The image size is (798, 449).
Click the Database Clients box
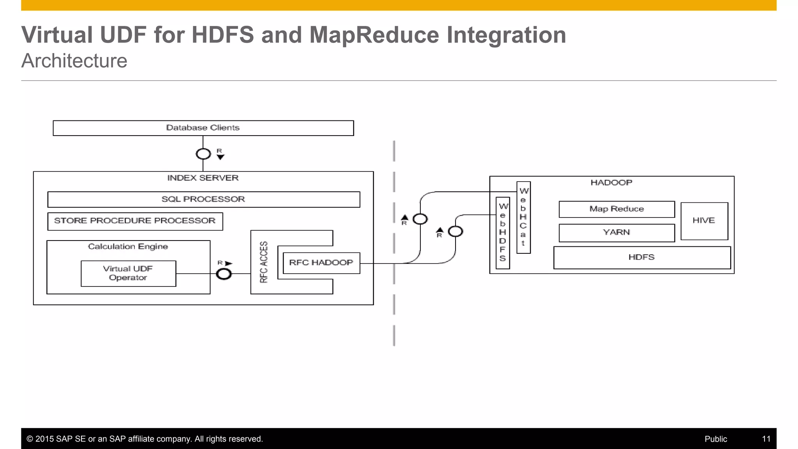(203, 128)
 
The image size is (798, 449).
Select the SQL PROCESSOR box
(203, 199)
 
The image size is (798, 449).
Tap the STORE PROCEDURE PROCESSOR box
(135, 221)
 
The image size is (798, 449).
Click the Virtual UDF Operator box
(128, 273)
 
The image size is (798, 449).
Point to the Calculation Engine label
(128, 246)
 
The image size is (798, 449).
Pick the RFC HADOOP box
(321, 263)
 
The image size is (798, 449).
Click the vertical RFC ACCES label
(264, 262)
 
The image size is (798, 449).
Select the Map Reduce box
(616, 209)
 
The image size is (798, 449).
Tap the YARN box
(616, 233)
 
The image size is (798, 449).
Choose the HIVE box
(704, 221)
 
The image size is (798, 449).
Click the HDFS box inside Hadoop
(641, 257)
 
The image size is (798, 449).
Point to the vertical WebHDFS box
(503, 233)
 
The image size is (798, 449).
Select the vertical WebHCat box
(523, 217)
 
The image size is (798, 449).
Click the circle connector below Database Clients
(203, 154)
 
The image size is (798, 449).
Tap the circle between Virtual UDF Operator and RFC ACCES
(224, 274)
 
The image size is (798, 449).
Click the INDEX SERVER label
(203, 178)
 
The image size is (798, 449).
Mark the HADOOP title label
(611, 183)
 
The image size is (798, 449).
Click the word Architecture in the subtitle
(74, 61)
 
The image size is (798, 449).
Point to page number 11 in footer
(766, 439)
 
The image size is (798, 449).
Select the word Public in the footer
(715, 439)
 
